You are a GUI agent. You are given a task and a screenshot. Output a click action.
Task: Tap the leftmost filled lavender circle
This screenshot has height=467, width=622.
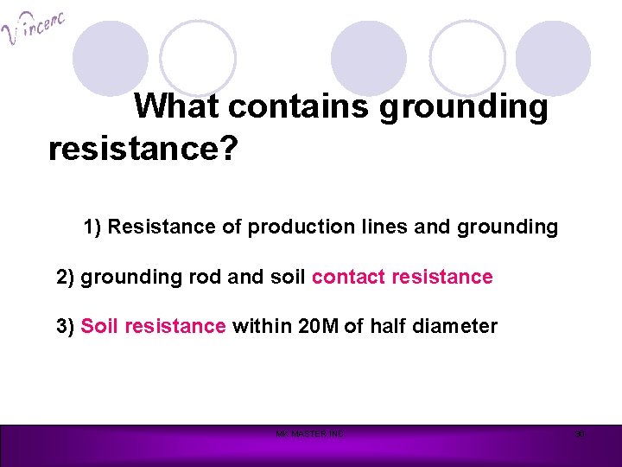110,59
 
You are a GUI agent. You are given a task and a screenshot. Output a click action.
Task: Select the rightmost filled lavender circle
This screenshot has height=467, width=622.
553,59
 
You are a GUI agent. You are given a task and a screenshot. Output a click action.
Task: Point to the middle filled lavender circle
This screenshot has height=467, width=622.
369,59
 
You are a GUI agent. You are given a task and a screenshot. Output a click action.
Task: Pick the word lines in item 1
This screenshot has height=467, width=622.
384,227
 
